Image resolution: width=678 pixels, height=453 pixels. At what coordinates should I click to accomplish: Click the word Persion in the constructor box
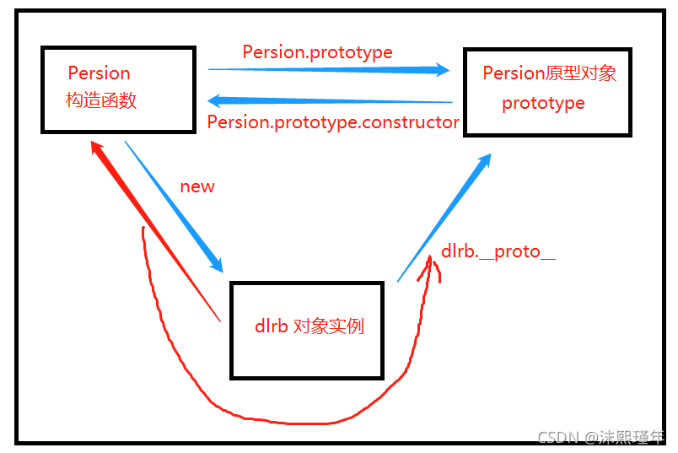(x=99, y=73)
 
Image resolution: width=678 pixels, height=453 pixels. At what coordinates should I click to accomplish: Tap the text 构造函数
(x=100, y=100)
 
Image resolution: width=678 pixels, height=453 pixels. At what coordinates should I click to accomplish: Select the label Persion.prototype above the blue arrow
(x=317, y=52)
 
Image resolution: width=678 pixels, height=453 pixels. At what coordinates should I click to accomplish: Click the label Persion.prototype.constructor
(x=333, y=122)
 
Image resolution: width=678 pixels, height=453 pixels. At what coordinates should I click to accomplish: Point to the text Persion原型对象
(x=549, y=73)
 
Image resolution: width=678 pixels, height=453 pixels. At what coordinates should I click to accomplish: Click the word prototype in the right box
(x=543, y=104)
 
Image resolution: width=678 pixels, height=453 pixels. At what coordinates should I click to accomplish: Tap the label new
(x=197, y=186)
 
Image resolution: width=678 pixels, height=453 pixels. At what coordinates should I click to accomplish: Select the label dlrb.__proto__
(x=498, y=252)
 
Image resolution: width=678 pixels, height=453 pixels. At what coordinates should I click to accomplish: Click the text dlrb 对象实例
(x=309, y=326)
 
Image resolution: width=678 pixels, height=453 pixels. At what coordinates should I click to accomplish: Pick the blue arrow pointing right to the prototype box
(x=329, y=70)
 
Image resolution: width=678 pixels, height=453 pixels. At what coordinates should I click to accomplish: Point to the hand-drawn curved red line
(x=278, y=419)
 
